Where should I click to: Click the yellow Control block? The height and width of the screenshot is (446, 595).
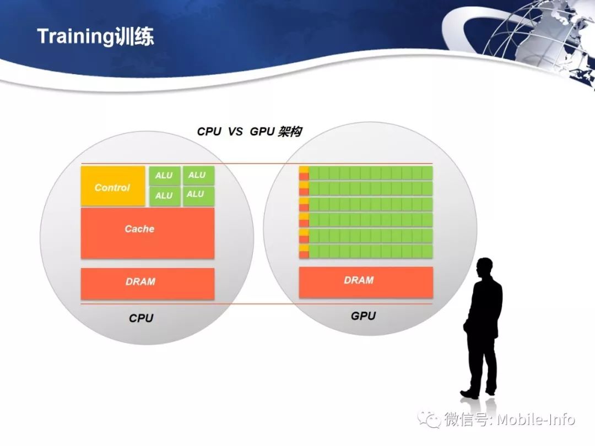click(x=113, y=186)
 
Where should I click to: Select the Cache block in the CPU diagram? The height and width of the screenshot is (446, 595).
click(x=148, y=233)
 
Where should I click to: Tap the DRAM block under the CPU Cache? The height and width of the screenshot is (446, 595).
click(x=148, y=284)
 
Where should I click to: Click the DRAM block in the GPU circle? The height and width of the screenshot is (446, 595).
click(x=366, y=282)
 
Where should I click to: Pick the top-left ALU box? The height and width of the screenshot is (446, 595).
click(x=165, y=175)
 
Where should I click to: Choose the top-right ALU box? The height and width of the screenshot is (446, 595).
click(x=198, y=175)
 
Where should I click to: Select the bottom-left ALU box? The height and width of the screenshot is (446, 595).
click(x=165, y=196)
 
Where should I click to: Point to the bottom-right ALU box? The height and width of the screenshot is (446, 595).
click(x=198, y=196)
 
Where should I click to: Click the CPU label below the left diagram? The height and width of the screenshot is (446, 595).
click(x=141, y=318)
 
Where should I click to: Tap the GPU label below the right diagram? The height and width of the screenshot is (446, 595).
click(x=363, y=316)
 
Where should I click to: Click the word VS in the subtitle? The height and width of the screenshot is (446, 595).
click(x=235, y=132)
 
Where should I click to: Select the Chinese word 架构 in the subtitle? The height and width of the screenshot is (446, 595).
click(x=290, y=132)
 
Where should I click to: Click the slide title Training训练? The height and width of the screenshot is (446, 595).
click(x=96, y=36)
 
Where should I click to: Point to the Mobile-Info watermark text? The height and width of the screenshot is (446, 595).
click(x=536, y=420)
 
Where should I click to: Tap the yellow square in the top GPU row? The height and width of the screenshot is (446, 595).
click(x=304, y=170)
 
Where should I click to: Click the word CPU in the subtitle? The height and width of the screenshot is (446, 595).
click(x=209, y=132)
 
